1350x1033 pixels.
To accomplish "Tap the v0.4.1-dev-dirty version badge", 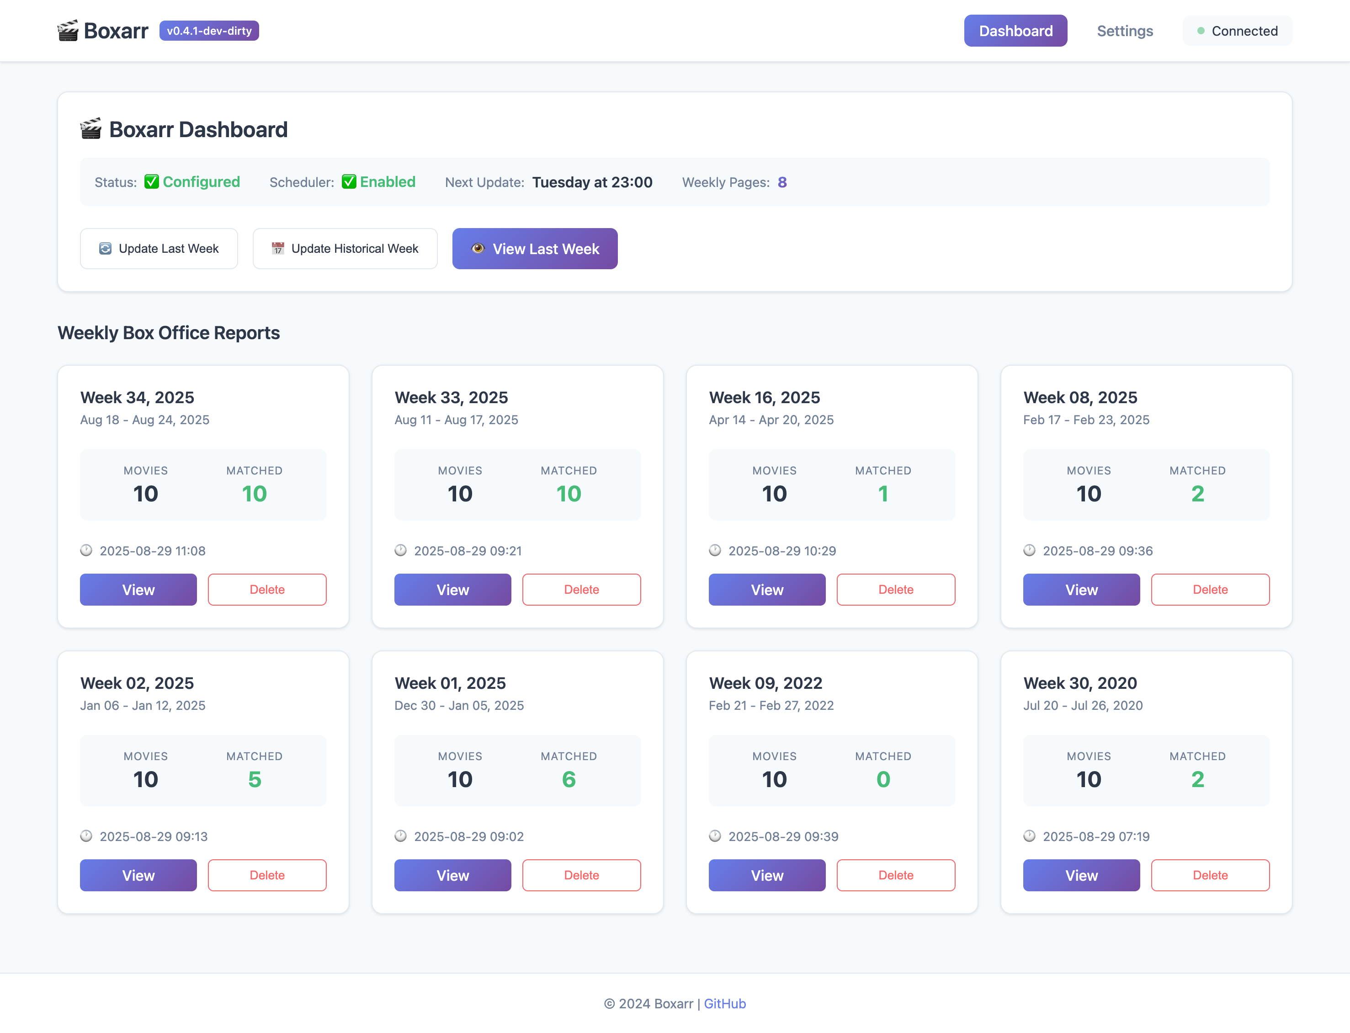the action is (x=209, y=31).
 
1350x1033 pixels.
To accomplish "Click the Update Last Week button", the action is (x=159, y=248).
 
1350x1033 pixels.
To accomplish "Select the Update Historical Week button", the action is (x=345, y=248).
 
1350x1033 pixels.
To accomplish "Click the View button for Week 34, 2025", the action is (x=138, y=590).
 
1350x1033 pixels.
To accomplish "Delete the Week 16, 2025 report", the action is (x=896, y=590).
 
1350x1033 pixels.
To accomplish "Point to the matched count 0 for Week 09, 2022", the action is (x=883, y=780).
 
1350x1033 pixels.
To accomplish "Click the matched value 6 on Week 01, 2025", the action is (x=569, y=780).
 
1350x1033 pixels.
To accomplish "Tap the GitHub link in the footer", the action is (x=725, y=1003).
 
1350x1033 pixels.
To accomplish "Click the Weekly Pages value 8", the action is (x=782, y=182).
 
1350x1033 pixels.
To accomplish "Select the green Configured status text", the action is (x=201, y=182).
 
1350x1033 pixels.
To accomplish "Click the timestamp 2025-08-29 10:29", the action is (x=782, y=551).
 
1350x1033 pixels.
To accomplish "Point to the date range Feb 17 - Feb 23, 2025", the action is (x=1086, y=420).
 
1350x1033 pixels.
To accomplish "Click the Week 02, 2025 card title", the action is (x=137, y=683).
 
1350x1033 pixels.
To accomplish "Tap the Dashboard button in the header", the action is (x=1015, y=31).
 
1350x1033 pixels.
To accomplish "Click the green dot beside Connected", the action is (x=1201, y=31).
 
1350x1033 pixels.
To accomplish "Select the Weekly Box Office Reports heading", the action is (x=169, y=333).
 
